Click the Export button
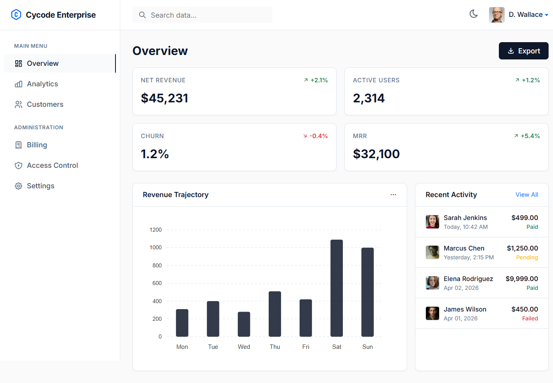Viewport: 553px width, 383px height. point(523,51)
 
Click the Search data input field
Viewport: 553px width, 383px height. point(203,15)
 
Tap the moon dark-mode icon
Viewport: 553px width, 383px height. point(474,14)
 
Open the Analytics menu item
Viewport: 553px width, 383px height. point(42,84)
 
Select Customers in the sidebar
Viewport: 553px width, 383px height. point(45,104)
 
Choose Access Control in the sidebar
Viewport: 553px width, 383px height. point(52,165)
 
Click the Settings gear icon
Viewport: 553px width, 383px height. point(18,186)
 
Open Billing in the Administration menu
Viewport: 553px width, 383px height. point(37,145)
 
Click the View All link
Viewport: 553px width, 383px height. point(527,195)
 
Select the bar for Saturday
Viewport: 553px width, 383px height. point(336,288)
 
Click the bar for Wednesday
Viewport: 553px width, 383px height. point(244,324)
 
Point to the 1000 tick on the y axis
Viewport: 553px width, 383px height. point(156,247)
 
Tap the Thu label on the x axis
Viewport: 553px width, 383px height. point(275,347)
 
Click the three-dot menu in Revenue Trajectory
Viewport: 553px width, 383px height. point(393,195)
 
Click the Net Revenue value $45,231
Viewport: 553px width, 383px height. point(164,98)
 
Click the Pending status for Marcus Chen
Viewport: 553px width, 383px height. point(527,258)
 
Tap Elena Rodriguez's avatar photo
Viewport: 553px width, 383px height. point(432,283)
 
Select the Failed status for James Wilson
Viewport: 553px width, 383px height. point(530,319)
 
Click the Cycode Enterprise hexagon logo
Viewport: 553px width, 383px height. point(16,15)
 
